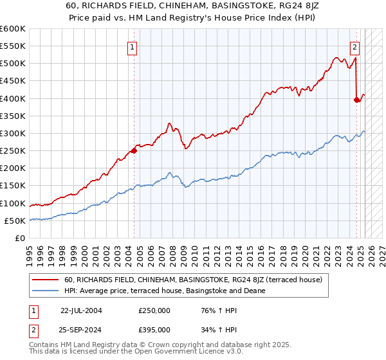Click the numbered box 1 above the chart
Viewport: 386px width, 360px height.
(132, 46)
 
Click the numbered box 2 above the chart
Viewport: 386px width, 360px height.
(354, 46)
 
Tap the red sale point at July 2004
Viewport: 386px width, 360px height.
(134, 151)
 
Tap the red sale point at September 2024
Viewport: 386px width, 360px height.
(357, 100)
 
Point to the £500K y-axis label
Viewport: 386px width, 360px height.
(13, 64)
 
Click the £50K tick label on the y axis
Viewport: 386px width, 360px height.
(15, 221)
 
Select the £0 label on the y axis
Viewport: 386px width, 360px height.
(19, 238)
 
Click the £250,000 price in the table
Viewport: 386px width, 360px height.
(154, 310)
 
